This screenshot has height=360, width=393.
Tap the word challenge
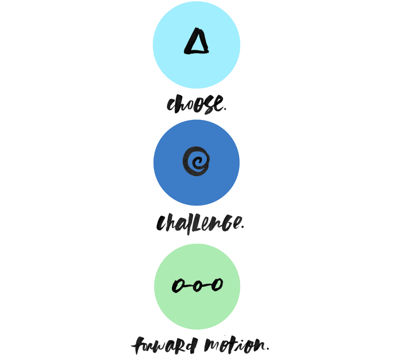[x=199, y=224]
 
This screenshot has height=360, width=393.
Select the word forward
[x=164, y=345]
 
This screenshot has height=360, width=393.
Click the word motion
[x=235, y=345]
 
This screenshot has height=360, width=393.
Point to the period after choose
[x=225, y=109]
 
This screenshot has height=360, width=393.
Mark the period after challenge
[x=242, y=227]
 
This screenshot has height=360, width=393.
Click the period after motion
[x=268, y=348]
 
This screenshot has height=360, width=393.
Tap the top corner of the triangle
[x=197, y=28]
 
